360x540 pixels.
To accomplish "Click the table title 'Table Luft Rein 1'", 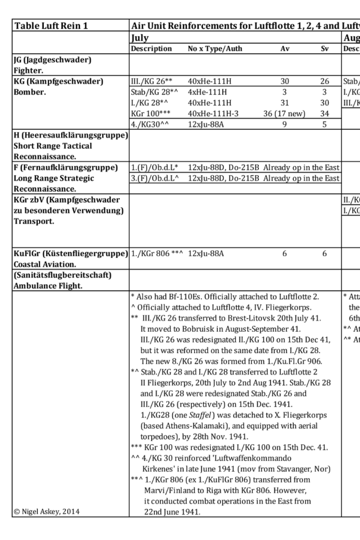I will (51, 26).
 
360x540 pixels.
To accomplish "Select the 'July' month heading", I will (140, 38).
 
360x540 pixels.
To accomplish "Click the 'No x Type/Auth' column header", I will (215, 48).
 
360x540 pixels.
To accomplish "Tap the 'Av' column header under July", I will (284, 48).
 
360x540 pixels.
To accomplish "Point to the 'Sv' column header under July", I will (325, 48).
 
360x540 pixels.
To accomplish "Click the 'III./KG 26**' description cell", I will (152, 81).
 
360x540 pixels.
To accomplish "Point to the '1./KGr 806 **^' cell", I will (157, 253).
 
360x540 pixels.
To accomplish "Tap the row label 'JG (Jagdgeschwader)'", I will (52, 60).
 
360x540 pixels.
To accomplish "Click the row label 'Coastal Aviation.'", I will (44, 264).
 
